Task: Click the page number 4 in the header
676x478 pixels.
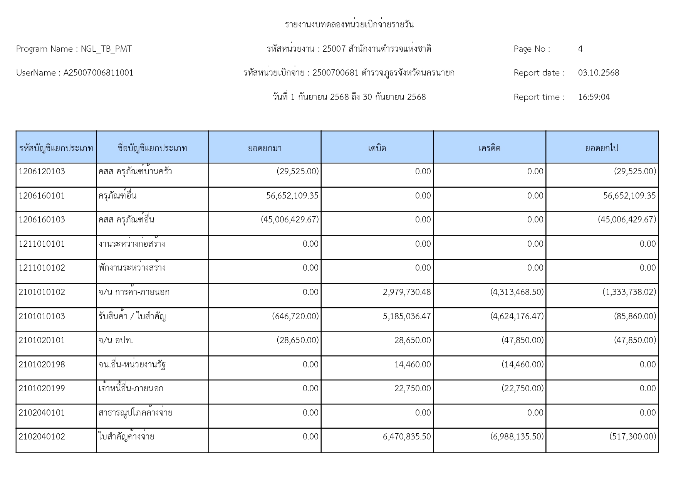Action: (580, 49)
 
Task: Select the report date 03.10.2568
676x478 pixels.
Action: (598, 73)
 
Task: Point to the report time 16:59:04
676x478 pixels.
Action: (594, 97)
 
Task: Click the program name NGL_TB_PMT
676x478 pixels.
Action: (106, 49)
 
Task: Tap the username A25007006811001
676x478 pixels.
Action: (98, 73)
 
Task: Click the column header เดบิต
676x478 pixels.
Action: (377, 148)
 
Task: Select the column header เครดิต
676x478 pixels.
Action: (489, 148)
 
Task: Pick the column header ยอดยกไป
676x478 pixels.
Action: (602, 148)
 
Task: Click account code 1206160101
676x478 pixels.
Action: (42, 196)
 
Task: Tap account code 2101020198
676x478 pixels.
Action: (42, 365)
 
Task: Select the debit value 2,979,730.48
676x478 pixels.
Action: (407, 292)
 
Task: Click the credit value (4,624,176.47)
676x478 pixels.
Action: (517, 316)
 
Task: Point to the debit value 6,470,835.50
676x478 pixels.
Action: (407, 437)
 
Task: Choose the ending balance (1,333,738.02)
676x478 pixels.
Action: (629, 292)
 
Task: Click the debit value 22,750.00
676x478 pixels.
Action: (413, 389)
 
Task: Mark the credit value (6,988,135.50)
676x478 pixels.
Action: (517, 437)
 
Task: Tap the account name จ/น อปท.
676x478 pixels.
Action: (116, 340)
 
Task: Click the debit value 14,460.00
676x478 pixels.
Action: (413, 365)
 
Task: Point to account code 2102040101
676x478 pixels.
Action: (42, 413)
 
